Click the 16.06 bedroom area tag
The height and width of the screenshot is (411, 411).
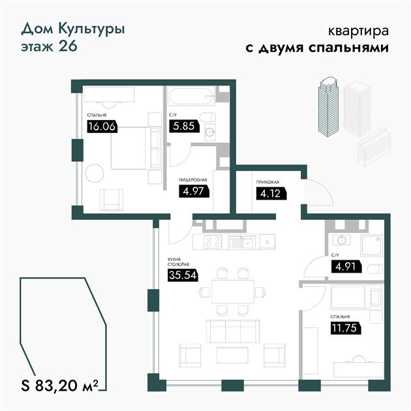pos(102,127)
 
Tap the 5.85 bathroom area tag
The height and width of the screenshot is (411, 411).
pos(184,126)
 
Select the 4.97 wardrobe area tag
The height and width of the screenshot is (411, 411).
pos(194,191)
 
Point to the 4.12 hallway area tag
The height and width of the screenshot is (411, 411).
pos(271,194)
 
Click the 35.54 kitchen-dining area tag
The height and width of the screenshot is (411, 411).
pos(183,275)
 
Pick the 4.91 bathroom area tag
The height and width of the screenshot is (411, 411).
pos(346,267)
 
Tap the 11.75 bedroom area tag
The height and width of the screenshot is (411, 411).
pos(346,328)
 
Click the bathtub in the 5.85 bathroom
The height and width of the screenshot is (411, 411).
pos(192,96)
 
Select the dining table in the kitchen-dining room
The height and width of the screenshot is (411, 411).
pos(233,292)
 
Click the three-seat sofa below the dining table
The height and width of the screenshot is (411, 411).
pos(233,331)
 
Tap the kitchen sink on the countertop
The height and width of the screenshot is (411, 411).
pos(241,242)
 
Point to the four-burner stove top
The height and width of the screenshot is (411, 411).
pos(213,241)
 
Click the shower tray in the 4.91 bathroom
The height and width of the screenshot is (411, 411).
pos(371,245)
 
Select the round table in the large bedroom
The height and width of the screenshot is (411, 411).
pos(95,174)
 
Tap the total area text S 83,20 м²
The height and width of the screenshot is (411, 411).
pos(60,386)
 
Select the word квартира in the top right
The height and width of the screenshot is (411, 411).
pos(358,31)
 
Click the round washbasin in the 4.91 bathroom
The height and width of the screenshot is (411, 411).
pos(342,240)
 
